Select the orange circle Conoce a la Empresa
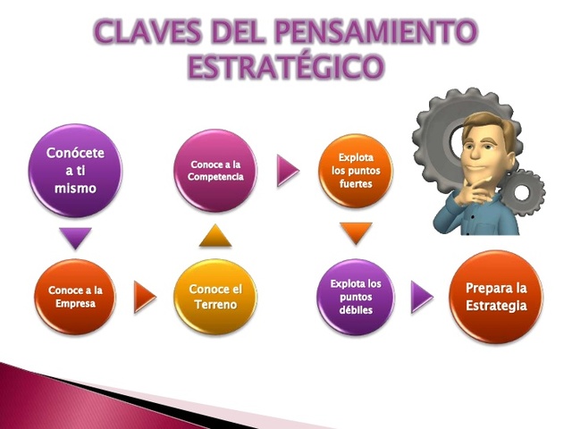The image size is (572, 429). (x=76, y=297)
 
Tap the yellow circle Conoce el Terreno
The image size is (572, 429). (x=215, y=297)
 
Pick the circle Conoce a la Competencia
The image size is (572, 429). (x=215, y=170)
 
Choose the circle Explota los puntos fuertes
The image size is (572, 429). (x=356, y=170)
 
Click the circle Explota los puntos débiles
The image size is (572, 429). (x=356, y=297)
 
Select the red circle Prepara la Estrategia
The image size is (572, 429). (x=496, y=297)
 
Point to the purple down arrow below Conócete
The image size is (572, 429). (x=76, y=238)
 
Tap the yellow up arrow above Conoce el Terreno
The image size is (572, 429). (x=215, y=235)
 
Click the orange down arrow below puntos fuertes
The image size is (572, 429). (x=356, y=233)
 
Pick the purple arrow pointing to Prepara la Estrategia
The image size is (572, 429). (x=421, y=297)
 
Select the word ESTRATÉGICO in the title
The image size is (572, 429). (x=285, y=67)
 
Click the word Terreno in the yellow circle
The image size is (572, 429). (x=215, y=306)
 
